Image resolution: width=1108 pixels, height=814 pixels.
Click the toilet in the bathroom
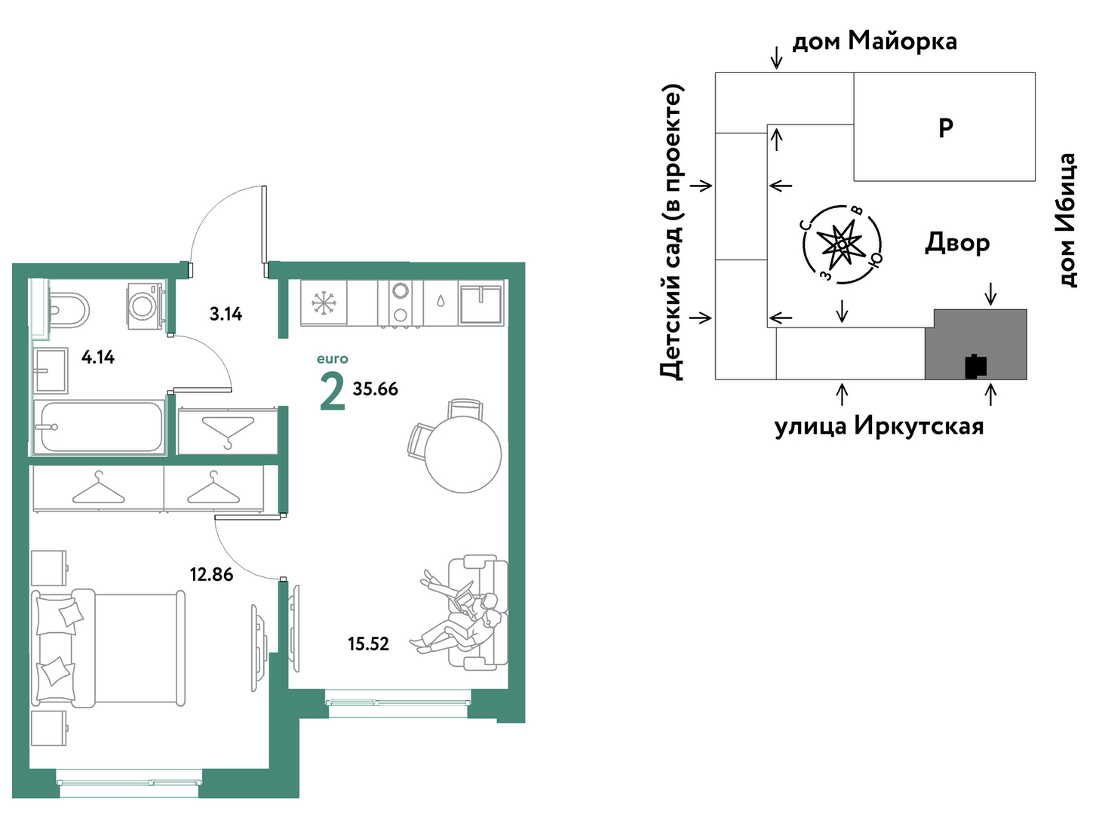coord(69,310)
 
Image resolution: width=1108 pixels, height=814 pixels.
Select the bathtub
coord(99,427)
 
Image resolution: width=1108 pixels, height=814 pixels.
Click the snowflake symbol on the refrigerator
coord(324,302)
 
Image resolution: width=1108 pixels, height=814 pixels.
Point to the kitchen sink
coord(480,303)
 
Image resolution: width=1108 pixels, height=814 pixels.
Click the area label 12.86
coord(211,575)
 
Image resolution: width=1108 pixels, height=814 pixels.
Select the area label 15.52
coord(369,644)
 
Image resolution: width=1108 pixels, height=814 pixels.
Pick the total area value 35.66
coord(376,389)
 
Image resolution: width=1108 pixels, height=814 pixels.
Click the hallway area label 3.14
coord(226,314)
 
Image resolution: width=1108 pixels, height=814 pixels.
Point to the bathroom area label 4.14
coord(98,357)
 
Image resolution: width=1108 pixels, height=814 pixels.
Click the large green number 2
coord(333,392)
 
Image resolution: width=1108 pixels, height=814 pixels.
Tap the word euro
coord(333,359)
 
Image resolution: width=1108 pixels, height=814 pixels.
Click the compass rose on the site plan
coord(843,244)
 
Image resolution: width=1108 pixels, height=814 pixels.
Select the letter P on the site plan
coord(946,128)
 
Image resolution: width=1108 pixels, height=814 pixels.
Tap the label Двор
coord(958,243)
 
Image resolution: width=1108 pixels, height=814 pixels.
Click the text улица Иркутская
coord(879,426)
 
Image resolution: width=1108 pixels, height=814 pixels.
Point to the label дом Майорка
coord(875,41)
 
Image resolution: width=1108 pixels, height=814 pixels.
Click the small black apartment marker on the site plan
coord(976,367)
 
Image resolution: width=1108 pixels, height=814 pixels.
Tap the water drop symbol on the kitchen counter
coord(440,301)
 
